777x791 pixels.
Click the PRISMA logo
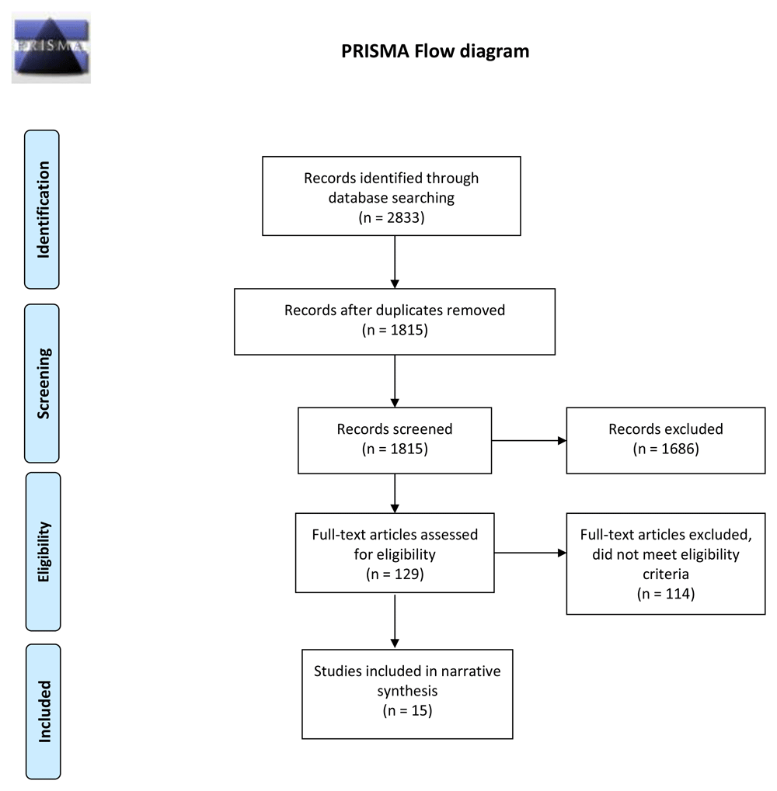pos(51,47)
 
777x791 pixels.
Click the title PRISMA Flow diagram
pos(435,52)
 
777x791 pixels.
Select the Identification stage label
pos(44,210)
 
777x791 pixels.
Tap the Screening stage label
pos(44,383)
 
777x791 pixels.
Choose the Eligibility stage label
pos(44,551)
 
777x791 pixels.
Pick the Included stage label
pos(44,710)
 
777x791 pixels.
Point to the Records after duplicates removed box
pos(395,321)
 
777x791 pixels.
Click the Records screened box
pos(395,439)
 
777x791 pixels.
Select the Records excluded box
pos(665,439)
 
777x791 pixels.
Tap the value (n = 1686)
pos(665,449)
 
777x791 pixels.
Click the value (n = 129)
pos(395,575)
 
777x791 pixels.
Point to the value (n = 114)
pos(665,595)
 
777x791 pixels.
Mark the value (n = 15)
pos(406,710)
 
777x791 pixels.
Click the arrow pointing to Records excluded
pos(528,441)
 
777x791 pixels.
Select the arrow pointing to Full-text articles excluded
pos(530,553)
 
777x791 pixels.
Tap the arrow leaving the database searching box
pos(395,261)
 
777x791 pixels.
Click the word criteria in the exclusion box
pos(665,575)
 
